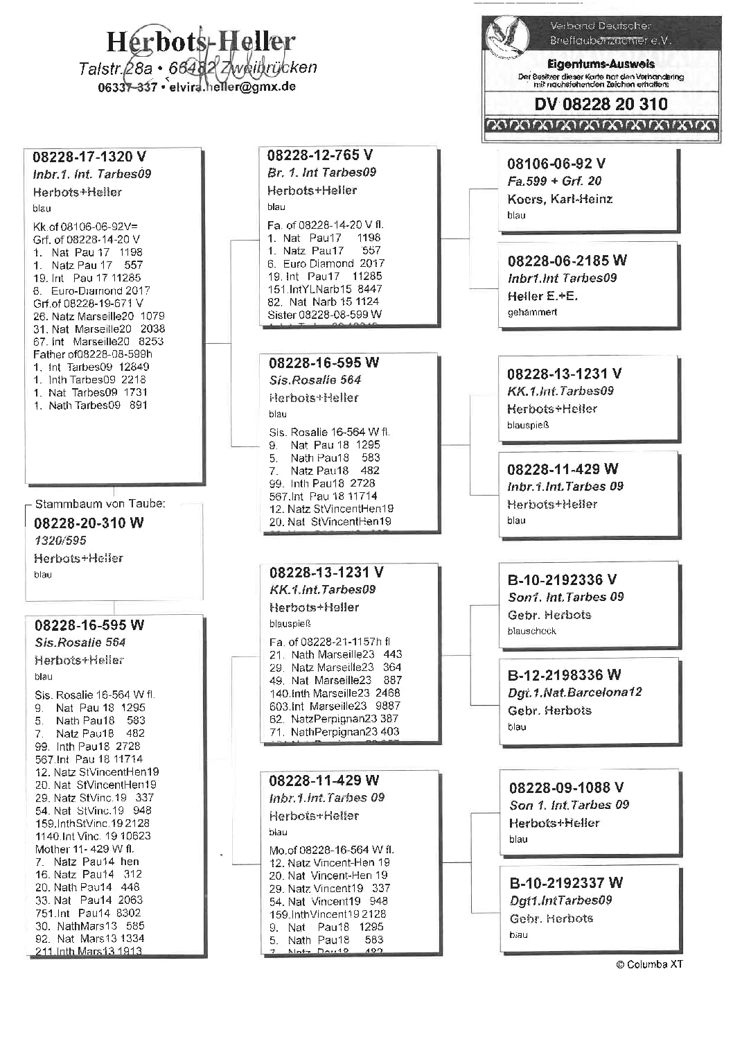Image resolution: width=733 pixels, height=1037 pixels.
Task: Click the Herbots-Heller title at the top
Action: [200, 42]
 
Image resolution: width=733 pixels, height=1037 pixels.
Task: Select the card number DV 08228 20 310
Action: [601, 104]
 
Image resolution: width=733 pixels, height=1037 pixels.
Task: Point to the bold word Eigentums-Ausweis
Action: [601, 64]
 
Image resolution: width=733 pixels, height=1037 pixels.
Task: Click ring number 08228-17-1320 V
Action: [89, 157]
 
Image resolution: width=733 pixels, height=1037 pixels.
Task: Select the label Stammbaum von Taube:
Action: [100, 504]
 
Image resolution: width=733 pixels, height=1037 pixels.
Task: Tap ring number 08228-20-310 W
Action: [89, 523]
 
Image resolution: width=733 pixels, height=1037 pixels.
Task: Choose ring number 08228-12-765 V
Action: [319, 155]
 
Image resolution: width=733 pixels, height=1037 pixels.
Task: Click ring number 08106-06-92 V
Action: [556, 164]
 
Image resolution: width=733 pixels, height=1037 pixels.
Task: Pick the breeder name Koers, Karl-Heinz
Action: [560, 199]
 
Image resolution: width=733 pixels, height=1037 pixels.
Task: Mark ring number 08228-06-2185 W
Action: [567, 261]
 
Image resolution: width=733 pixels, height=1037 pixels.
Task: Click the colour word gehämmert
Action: [532, 313]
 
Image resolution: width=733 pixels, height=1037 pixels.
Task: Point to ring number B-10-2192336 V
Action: [562, 579]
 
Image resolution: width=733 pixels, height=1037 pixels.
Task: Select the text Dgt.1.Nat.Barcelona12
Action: [574, 692]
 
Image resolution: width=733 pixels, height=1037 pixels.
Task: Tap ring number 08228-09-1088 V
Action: [566, 787]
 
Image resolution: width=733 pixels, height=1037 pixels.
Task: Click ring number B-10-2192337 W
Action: [565, 882]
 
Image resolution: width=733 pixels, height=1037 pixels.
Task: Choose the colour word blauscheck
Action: [531, 631]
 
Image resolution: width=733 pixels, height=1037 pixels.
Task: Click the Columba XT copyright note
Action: [649, 964]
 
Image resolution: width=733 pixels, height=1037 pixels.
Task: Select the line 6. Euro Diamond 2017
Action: [326, 263]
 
